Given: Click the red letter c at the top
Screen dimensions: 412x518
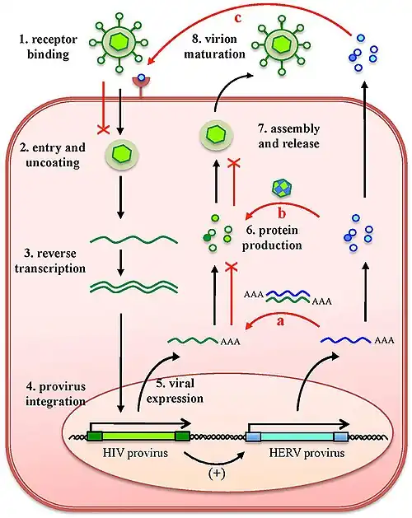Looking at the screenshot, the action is pos(238,18).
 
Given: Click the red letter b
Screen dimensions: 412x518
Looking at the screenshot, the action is pos(282,213).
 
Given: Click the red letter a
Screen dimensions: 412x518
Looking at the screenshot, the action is pos(280,320).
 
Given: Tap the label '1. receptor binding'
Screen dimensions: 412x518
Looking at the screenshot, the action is pos(49,47).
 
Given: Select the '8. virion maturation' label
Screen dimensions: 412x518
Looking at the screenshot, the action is pos(214,46).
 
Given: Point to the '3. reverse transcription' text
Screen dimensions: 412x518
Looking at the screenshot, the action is pos(50,261).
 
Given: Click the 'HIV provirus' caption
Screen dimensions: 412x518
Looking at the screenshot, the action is pos(135,452).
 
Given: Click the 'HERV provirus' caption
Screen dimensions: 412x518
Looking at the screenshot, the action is pos(307,452).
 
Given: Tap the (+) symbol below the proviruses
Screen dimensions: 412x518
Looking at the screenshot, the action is pos(217,473).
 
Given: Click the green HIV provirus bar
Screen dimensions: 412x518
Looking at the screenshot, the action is pos(138,436).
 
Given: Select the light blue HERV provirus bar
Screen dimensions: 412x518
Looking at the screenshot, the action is pos(297,436).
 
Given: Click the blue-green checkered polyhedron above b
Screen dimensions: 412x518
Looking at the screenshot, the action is pos(281,188).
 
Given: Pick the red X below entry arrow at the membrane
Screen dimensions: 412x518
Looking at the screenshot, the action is pos(104,129).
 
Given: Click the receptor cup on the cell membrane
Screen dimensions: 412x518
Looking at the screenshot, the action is pos(141,82).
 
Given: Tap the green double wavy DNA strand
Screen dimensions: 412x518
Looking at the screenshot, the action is pos(134,286).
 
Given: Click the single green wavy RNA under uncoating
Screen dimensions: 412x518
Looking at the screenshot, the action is pos(134,239).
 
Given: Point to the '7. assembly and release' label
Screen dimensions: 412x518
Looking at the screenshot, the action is pos(289,136).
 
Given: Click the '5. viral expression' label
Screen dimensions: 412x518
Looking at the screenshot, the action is pos(175,391).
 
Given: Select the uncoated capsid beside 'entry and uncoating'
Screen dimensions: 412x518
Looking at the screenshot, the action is pos(122,154).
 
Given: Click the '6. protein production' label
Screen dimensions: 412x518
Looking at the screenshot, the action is pos(272,237).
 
